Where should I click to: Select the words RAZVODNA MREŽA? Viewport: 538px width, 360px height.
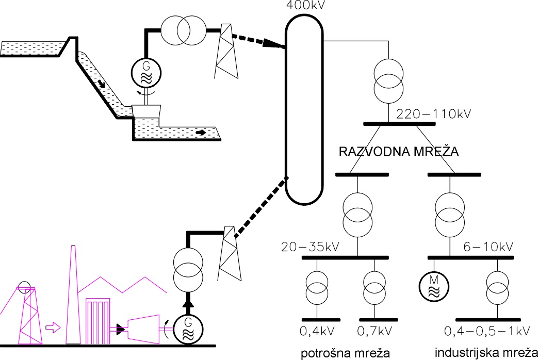point(398,153)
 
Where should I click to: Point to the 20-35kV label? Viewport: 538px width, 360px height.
point(310,247)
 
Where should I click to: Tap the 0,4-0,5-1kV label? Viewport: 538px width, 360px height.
point(488,331)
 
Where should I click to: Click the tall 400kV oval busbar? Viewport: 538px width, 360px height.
point(304,108)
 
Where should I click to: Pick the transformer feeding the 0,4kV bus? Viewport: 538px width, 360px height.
point(317,287)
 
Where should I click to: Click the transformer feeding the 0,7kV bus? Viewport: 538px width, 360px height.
point(374,287)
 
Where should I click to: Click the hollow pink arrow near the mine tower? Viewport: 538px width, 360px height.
point(53,326)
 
